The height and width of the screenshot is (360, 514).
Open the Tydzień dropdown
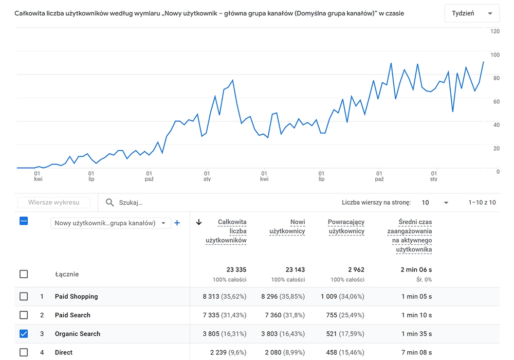[471, 13]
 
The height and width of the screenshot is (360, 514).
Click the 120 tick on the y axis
[495, 31]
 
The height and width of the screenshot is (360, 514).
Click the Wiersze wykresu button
[53, 203]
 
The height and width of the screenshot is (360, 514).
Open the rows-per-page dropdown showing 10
[435, 203]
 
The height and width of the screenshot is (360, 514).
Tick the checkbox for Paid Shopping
[24, 296]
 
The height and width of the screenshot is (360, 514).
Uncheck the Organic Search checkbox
[24, 334]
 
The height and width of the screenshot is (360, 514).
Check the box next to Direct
[24, 352]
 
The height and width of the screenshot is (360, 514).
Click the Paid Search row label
[72, 315]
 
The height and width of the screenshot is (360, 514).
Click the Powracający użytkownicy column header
[346, 227]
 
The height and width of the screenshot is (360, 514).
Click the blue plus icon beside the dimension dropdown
[177, 223]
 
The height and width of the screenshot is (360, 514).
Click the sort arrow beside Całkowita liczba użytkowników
[199, 222]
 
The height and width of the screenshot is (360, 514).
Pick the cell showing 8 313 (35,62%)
[225, 297]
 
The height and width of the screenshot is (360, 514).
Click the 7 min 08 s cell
[416, 352]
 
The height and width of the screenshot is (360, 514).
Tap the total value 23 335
[236, 269]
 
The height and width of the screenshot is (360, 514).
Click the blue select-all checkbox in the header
[24, 221]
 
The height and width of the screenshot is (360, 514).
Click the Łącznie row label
[67, 274]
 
